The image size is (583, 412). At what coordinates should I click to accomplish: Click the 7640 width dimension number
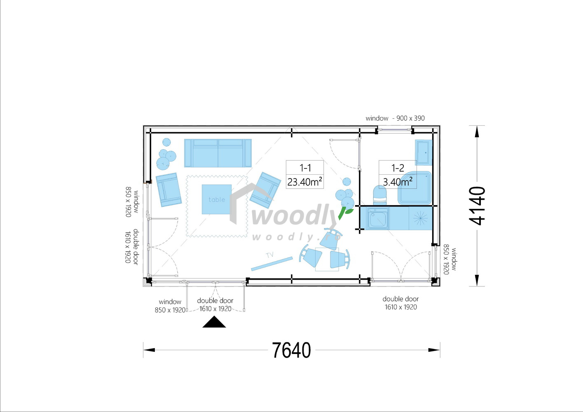click(x=291, y=350)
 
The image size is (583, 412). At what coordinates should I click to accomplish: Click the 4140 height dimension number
click(x=477, y=206)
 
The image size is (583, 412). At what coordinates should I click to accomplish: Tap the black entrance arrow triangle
click(x=214, y=322)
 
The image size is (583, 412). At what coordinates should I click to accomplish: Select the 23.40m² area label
click(x=304, y=182)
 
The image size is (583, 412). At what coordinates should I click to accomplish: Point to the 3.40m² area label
click(x=398, y=182)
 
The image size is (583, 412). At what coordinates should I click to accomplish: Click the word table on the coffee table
click(x=217, y=200)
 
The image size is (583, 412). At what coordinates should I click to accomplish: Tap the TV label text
click(x=270, y=255)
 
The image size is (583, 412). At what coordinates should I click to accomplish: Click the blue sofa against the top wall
click(x=218, y=153)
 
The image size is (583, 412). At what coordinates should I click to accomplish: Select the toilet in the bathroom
click(x=380, y=195)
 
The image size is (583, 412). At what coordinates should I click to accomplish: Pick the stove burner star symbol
click(x=420, y=218)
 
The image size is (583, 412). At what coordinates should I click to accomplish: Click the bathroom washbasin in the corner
click(x=424, y=152)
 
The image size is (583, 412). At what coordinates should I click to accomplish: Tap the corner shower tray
click(x=414, y=188)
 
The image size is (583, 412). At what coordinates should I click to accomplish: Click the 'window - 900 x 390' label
click(x=395, y=118)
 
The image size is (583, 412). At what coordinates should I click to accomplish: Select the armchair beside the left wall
click(x=169, y=190)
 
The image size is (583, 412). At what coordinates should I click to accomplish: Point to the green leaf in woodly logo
click(x=346, y=213)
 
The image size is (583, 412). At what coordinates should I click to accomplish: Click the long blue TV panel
click(x=272, y=264)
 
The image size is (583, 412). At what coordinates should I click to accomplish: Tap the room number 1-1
click(x=305, y=168)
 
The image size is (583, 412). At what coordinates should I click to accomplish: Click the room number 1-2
click(x=398, y=168)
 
